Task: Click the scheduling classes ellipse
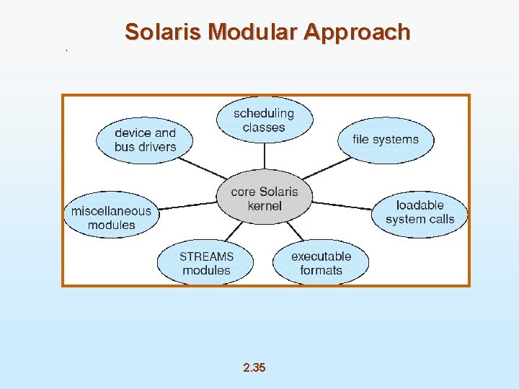(265, 120)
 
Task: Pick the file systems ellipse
(386, 140)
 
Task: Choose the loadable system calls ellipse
(420, 213)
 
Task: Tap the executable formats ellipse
(321, 263)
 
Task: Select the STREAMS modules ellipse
(206, 263)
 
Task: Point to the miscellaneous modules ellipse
(111, 218)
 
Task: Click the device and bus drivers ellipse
(145, 140)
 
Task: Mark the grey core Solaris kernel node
(265, 199)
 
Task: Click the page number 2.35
(254, 368)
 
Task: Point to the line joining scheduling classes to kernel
(265, 158)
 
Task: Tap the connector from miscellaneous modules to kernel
(187, 207)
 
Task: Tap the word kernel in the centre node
(265, 206)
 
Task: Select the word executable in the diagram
(321, 256)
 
